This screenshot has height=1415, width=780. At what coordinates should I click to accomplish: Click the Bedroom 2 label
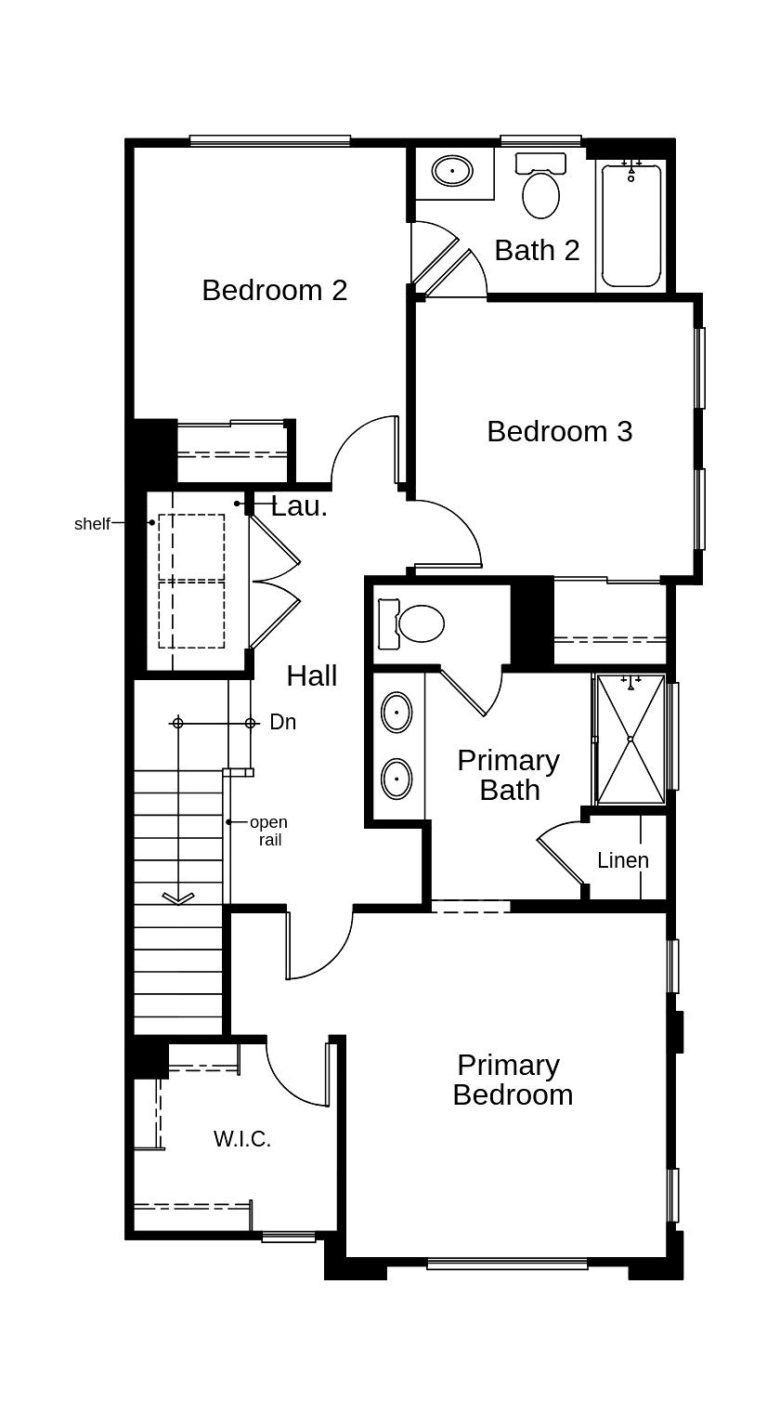pos(274,290)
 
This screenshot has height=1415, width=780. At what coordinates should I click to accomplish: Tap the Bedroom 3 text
pos(559,431)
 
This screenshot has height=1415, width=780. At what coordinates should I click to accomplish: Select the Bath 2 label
pos(537,250)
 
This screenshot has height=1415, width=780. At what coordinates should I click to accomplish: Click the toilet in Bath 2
pos(540,190)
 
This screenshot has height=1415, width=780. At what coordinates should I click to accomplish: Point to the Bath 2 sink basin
pos(452,172)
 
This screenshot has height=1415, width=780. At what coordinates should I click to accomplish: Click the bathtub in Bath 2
pos(631,226)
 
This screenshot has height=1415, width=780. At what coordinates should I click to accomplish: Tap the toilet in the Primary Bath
pos(415,623)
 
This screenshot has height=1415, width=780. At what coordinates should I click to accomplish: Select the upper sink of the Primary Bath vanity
pos(396,713)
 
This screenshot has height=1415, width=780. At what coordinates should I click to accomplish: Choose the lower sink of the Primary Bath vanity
pos(396,778)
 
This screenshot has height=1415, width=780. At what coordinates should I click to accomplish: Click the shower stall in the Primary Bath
pos(630,739)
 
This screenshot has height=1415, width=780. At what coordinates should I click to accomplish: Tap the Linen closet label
pos(622,860)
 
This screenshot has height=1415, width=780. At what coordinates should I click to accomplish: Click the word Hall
pos(311,676)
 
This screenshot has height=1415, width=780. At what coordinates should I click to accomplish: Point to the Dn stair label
pos(283,722)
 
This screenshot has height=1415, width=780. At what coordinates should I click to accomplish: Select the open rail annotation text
pos(268,832)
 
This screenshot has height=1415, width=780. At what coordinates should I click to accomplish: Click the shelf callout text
pos(92,524)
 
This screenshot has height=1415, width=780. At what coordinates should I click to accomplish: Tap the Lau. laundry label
pos(299,507)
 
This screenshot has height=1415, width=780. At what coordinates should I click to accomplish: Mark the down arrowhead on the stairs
pos(177,897)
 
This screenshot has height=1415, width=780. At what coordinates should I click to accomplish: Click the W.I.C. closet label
pos(242,1139)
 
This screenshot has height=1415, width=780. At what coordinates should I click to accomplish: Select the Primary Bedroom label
pos(512,1080)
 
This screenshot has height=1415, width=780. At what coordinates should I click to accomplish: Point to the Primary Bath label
pos(508,775)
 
